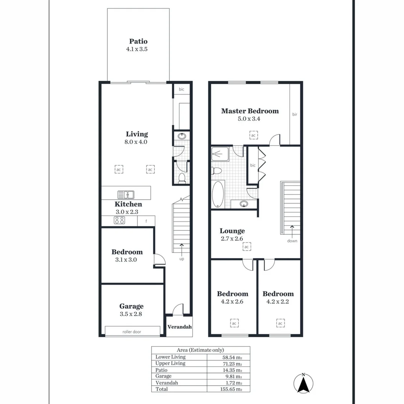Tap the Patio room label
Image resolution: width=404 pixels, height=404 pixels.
(x=138, y=42)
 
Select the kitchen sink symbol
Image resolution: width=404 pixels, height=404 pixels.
(x=126, y=195)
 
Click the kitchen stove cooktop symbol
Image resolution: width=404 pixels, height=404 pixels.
(x=120, y=221)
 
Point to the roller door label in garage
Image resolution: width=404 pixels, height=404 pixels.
(x=132, y=331)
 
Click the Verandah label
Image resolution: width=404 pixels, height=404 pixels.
(x=180, y=327)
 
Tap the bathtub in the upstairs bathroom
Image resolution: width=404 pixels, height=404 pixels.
(x=217, y=194)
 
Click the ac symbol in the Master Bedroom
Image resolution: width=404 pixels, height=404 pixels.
(x=253, y=135)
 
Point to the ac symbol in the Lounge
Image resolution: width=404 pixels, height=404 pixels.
(x=247, y=247)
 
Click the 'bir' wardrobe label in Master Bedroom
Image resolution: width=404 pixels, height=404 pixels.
(x=295, y=114)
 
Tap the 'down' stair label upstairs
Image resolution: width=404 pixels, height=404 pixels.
(x=292, y=241)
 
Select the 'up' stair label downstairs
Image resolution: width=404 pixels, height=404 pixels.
(x=181, y=258)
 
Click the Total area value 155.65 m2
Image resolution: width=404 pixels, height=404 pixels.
(x=232, y=389)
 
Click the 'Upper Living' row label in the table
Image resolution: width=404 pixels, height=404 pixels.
(x=170, y=363)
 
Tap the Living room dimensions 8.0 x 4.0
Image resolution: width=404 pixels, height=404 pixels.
(x=137, y=142)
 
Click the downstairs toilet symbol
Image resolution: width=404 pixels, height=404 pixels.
(x=182, y=177)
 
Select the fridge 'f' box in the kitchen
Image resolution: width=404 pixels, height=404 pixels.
(x=146, y=221)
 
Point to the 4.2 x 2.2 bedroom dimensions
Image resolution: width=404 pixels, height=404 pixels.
(x=278, y=302)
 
